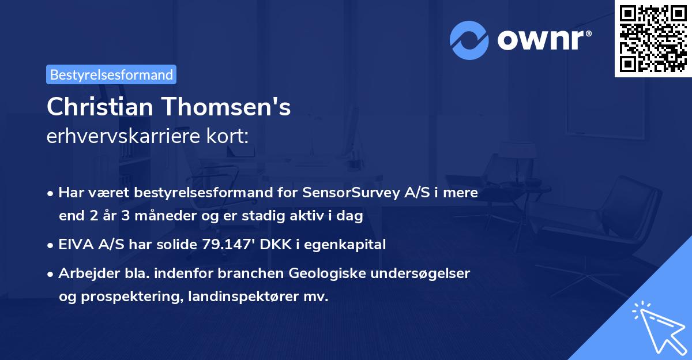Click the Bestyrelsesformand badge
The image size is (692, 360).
111,74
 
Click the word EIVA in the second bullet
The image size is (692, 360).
73,245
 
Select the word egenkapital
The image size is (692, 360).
351,245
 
